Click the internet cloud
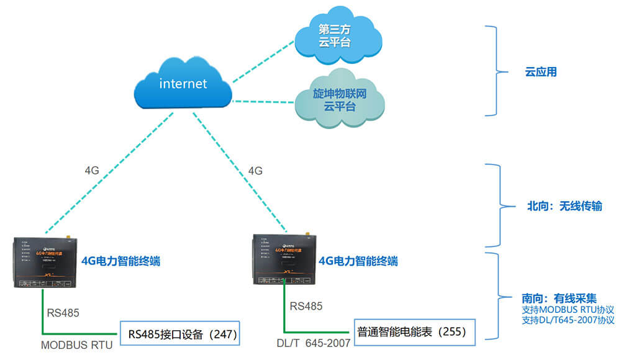pos(183,84)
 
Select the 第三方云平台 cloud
pos(335,36)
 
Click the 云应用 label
pos(541,72)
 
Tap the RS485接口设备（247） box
pos(181,334)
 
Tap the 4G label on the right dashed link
pos(255,169)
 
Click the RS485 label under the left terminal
pos(63,312)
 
